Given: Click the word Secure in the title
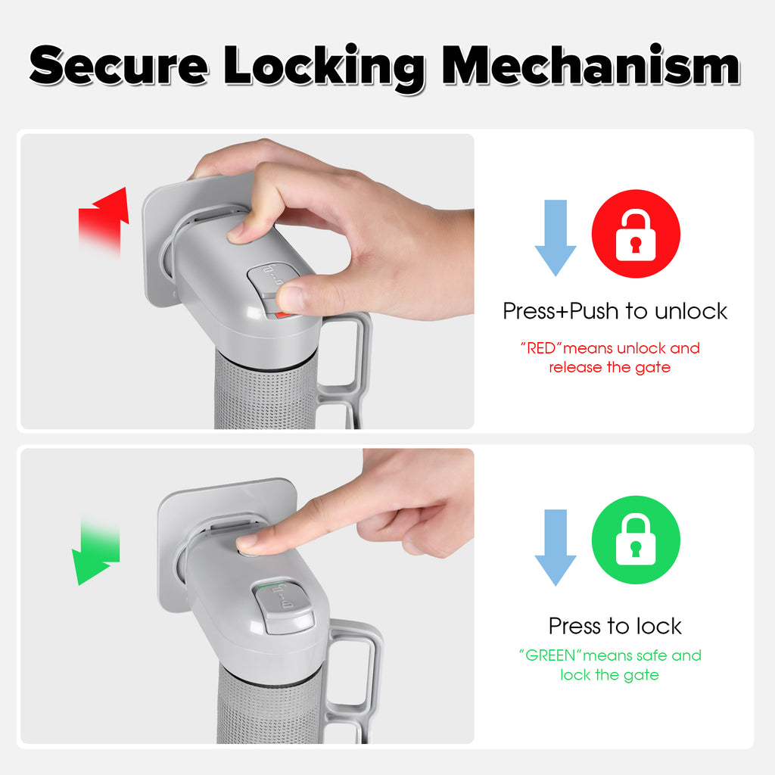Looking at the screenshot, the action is pyautogui.click(x=119, y=65).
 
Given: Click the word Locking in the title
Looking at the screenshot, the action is pyautogui.click(x=324, y=68).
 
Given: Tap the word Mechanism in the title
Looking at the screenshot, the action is pyautogui.click(x=590, y=65).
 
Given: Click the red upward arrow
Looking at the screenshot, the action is pyautogui.click(x=104, y=223).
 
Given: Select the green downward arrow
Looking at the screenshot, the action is pyautogui.click(x=96, y=551).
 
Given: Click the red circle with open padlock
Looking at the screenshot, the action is pyautogui.click(x=636, y=233).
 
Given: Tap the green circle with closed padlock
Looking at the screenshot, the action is pyautogui.click(x=636, y=540).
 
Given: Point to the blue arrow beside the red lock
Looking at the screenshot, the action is pyautogui.click(x=555, y=238).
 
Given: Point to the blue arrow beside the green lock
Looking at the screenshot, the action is pyautogui.click(x=555, y=547).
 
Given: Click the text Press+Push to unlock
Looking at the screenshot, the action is pyautogui.click(x=615, y=311).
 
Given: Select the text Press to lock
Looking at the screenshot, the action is pyautogui.click(x=615, y=626).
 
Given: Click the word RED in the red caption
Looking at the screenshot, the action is pyautogui.click(x=542, y=348).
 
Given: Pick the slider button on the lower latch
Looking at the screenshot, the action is pyautogui.click(x=283, y=606).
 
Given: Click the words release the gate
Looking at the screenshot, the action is pyautogui.click(x=609, y=367).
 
